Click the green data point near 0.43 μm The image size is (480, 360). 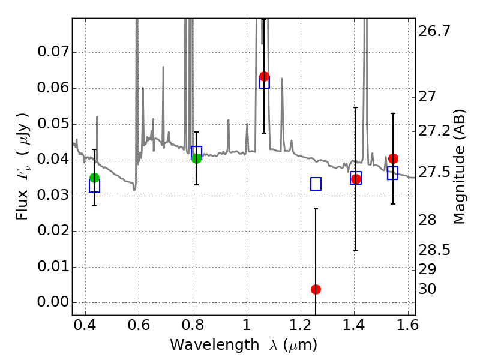94,178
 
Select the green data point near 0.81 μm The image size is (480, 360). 196,158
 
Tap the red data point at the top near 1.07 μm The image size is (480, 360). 264,76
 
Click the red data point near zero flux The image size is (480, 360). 316,289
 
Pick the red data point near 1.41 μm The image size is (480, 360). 356,179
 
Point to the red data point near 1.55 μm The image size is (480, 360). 393,158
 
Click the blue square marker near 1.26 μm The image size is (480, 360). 316,184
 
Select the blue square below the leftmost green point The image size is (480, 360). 94,186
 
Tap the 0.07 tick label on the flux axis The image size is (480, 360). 52,52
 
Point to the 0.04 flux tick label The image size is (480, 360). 52,160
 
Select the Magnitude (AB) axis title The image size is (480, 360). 460,167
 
